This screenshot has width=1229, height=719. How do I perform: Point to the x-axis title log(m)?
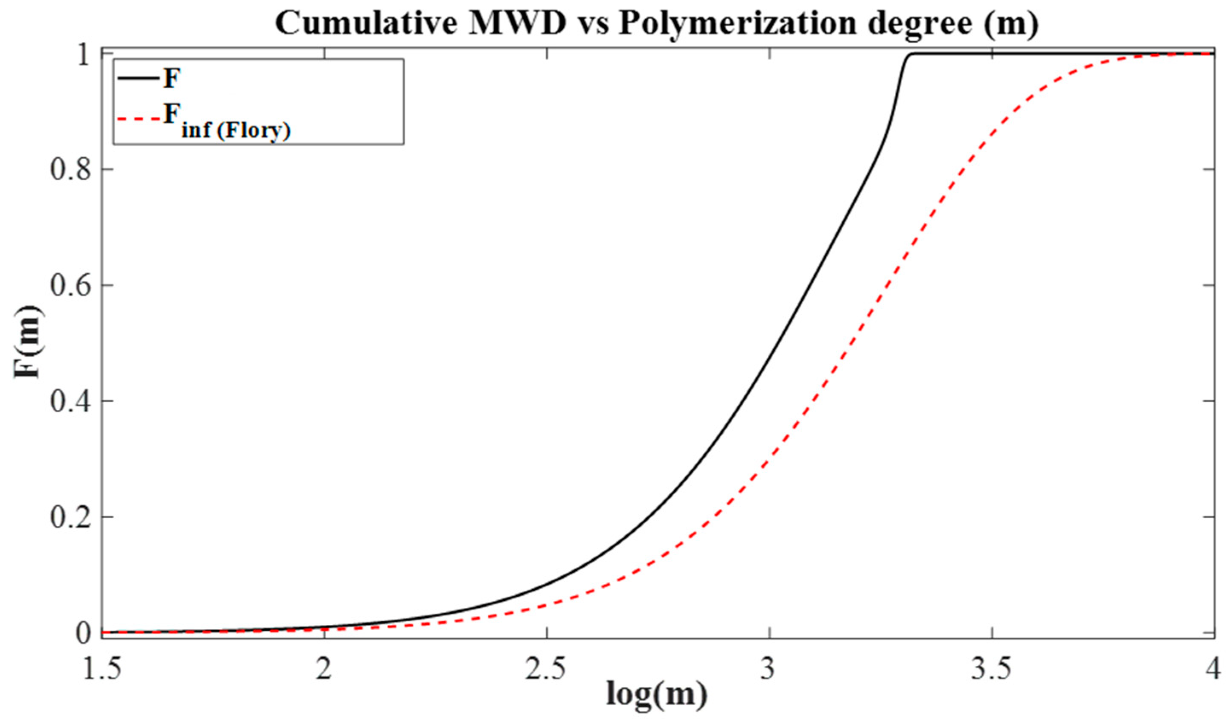656,694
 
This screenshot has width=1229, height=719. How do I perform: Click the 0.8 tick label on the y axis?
69,170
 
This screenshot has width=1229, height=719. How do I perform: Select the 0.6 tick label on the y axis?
69,286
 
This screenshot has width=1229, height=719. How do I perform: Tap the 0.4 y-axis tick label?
69,402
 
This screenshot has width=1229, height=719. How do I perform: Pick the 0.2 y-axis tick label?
69,517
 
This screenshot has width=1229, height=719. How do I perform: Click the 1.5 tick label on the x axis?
102,669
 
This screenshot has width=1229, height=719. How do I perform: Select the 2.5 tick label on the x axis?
546,669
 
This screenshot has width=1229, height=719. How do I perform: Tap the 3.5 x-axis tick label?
991,669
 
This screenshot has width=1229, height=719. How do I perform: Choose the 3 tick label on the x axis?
769,669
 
